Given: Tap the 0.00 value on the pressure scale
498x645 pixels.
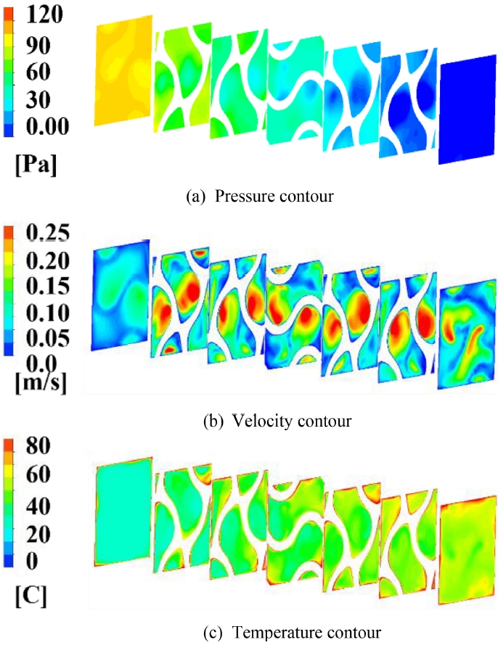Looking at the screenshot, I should [45, 128].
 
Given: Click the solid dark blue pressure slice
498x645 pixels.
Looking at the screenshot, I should [468, 109].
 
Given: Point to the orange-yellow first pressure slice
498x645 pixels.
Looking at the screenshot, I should [123, 69].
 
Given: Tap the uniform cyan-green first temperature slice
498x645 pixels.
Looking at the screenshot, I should [123, 511].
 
